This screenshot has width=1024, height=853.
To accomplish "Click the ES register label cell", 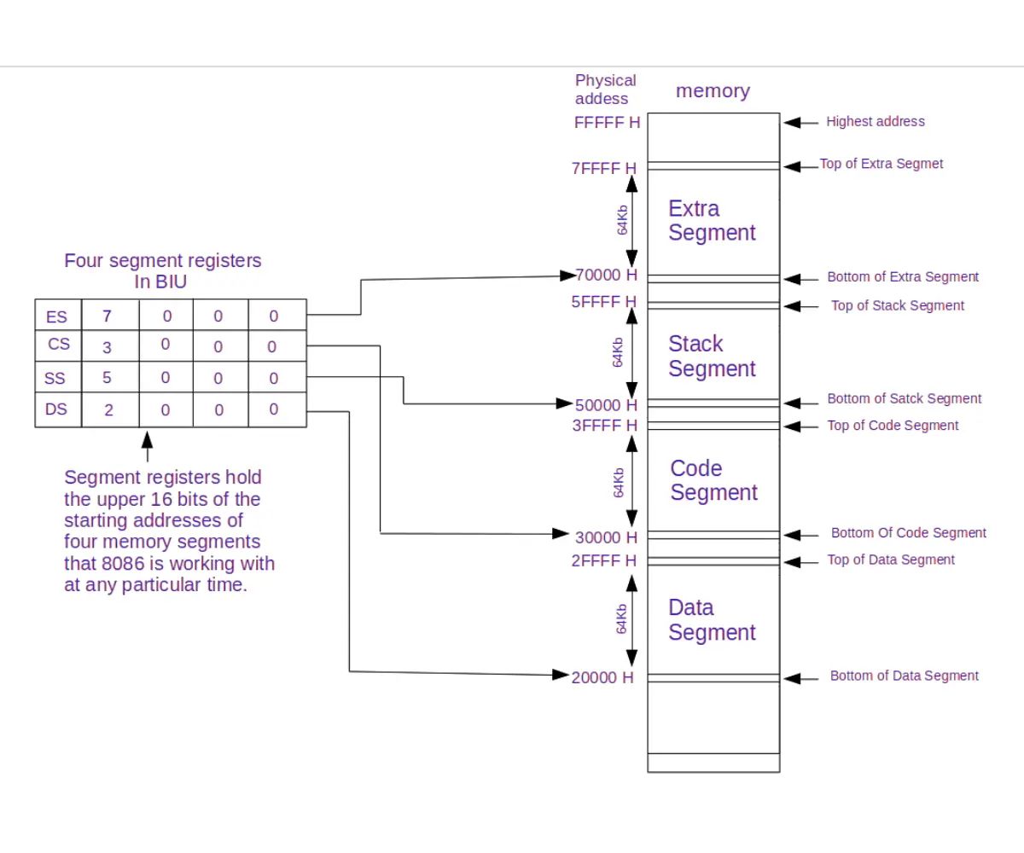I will tap(56, 316).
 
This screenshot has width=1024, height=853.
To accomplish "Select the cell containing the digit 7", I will tap(107, 316).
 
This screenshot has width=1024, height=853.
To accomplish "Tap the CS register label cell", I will tap(59, 345).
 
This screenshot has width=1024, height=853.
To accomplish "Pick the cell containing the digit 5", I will tap(107, 377).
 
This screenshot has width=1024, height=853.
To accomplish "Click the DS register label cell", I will tap(56, 409).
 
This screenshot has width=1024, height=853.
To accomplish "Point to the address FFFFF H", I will tap(607, 122).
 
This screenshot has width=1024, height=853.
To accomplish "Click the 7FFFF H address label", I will tap(603, 169).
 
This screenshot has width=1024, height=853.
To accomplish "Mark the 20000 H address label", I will tap(602, 677).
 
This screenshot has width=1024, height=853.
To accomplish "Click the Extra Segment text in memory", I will tap(712, 220).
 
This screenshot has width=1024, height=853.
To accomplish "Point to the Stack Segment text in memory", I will tap(712, 356).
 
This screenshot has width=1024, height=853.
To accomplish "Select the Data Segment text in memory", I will tap(712, 620).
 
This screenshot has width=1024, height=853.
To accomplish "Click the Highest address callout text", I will tap(875, 122).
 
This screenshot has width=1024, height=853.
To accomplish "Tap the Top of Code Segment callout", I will tap(893, 426).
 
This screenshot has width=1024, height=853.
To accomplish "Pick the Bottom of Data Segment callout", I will tap(904, 676).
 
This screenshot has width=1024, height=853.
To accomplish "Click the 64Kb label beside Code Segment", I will tap(619, 483).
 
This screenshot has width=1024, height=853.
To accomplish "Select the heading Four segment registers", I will tap(163, 261).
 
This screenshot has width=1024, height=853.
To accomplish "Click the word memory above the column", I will tap(713, 91).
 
